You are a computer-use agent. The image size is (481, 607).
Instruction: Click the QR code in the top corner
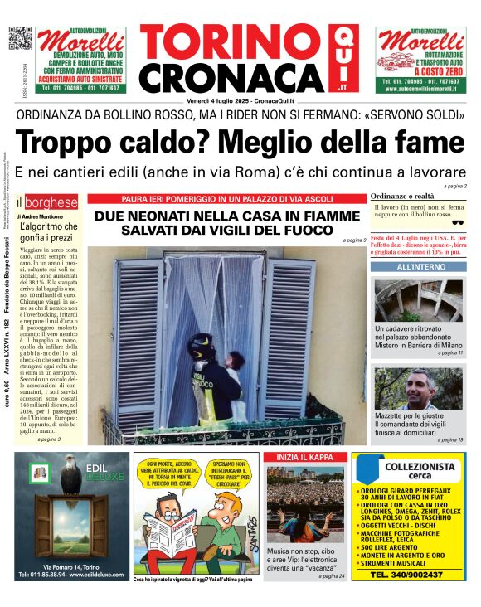click(19, 39)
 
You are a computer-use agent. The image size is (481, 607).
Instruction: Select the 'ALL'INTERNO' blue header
click(418, 268)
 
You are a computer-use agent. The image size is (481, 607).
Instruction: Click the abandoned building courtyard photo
click(418, 299)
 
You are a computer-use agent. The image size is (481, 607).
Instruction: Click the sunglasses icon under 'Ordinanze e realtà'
click(457, 221)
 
